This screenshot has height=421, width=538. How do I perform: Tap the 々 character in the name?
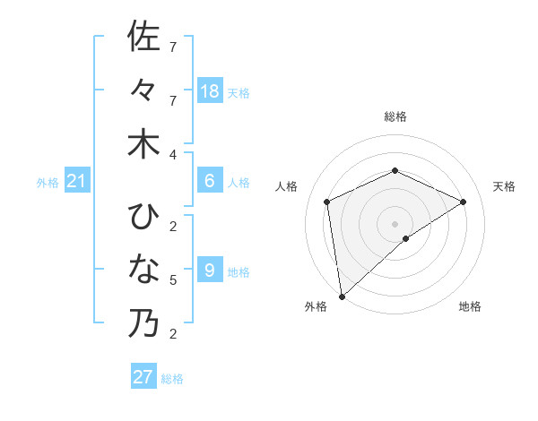[x=143, y=90]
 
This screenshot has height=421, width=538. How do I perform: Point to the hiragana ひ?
[x=143, y=216]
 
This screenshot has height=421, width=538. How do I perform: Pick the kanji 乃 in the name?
[x=143, y=323]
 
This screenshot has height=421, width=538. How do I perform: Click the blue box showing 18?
[x=210, y=90]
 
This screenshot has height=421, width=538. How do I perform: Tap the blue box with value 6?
[x=210, y=181]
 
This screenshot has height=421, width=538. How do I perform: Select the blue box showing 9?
[x=210, y=271]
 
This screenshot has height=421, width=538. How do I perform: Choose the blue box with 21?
[x=77, y=182]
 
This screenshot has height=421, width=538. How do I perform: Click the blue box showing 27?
[x=143, y=377]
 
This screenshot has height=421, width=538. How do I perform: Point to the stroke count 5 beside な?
[x=173, y=280]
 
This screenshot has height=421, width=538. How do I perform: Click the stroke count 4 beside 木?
[x=173, y=154]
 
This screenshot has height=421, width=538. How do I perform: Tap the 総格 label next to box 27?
[x=172, y=379]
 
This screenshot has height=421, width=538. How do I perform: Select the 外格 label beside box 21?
[x=48, y=183]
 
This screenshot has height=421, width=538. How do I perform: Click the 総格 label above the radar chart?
[x=395, y=116]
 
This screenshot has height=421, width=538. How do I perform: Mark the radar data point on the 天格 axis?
[x=464, y=202]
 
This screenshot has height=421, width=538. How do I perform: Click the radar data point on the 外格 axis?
[x=342, y=296]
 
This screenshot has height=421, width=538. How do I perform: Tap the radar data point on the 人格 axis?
[x=327, y=202]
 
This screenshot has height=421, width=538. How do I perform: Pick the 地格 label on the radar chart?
[x=470, y=306]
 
